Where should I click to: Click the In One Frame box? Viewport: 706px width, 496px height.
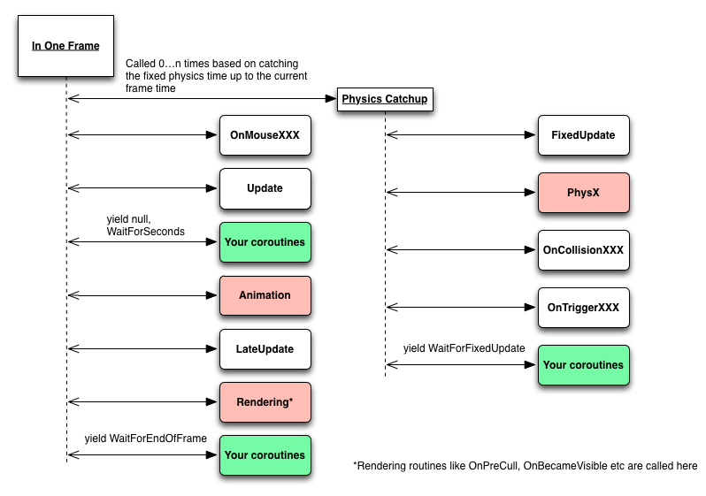(x=66, y=45)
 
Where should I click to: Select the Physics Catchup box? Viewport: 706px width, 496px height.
(x=385, y=99)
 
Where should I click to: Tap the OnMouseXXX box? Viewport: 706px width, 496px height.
(x=265, y=136)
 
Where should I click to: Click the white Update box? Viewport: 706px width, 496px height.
(x=265, y=188)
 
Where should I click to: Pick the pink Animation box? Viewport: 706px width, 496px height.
(x=265, y=295)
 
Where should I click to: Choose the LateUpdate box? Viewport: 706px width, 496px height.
(x=265, y=348)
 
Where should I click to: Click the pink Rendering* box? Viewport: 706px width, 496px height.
(x=265, y=402)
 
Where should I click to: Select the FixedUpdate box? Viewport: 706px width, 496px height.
(x=583, y=136)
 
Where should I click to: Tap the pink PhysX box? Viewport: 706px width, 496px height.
(x=583, y=192)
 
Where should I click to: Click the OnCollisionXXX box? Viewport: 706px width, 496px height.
(x=583, y=250)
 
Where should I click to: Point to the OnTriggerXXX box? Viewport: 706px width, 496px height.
(x=583, y=308)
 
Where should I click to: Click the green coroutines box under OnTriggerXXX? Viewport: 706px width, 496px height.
(x=583, y=365)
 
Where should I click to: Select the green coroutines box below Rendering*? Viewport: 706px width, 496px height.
(x=265, y=455)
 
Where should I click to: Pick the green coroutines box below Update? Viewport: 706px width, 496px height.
(x=265, y=241)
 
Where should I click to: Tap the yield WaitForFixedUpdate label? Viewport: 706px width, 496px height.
(x=464, y=349)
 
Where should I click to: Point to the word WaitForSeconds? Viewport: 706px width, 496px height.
(x=145, y=231)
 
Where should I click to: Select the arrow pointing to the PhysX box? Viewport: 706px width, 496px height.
(x=462, y=192)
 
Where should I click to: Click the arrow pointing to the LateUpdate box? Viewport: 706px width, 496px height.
(x=143, y=348)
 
